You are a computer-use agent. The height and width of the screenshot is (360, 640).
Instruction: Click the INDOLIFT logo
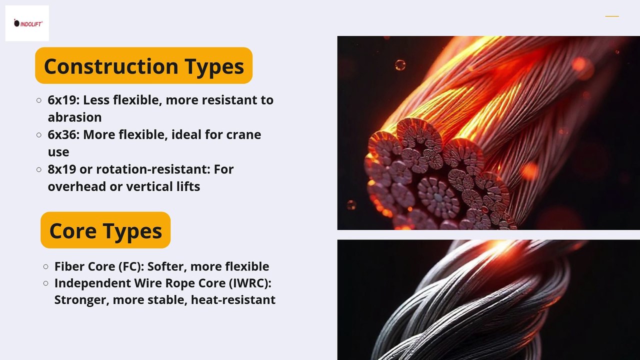point(27,23)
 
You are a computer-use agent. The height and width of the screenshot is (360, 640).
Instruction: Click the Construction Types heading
point(143,66)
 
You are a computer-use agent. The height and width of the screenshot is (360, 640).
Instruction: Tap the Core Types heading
point(105,230)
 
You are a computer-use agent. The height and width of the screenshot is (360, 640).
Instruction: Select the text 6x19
point(62,100)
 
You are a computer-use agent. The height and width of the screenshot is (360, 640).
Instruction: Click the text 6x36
point(62,134)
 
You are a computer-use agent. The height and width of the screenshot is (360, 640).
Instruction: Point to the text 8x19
point(62,169)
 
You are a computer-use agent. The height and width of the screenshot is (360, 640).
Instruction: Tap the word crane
point(243,134)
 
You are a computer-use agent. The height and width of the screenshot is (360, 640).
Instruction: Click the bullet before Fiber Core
point(45,267)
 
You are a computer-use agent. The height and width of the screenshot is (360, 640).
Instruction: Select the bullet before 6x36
point(39,135)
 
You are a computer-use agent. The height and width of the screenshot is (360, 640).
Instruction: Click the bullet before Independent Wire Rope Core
point(45,283)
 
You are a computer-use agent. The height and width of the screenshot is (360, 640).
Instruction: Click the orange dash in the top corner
point(612,16)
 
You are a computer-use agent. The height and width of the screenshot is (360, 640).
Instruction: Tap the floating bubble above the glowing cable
point(400,65)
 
